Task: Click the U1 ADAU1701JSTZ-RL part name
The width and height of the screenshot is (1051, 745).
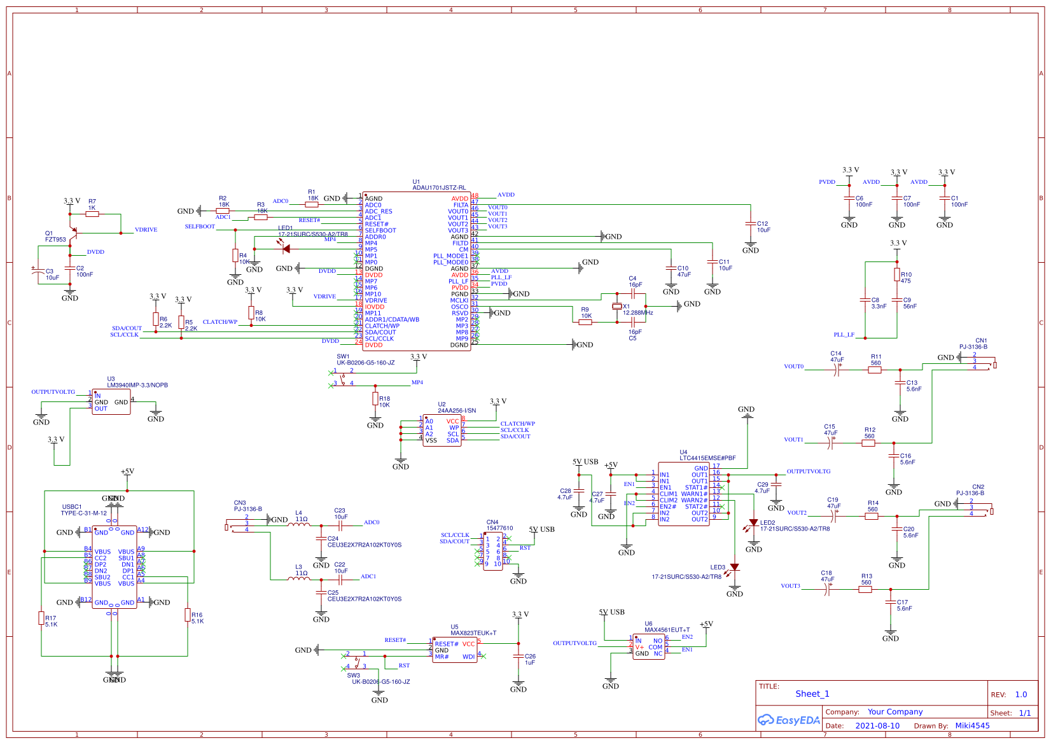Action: [439, 188]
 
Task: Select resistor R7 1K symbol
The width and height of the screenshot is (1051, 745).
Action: [92, 214]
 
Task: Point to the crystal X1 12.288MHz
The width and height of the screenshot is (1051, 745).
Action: [616, 307]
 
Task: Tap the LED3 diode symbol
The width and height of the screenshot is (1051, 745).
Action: [734, 567]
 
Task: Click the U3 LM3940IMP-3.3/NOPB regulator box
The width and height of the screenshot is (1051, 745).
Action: [111, 402]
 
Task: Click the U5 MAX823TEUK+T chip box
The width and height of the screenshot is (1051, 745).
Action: [455, 650]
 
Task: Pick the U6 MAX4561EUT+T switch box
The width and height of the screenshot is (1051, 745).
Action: [648, 647]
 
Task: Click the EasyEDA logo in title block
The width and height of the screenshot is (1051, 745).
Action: [788, 720]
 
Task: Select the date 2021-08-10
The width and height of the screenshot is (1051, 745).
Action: [877, 726]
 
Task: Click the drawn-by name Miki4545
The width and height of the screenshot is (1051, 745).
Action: [972, 726]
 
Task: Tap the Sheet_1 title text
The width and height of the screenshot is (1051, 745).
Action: [812, 694]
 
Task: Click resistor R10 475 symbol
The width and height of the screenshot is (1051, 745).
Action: [896, 275]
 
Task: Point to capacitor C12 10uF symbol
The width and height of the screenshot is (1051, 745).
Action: [751, 224]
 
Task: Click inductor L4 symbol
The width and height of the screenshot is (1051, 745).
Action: [299, 524]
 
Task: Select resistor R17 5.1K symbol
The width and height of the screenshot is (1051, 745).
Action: [41, 618]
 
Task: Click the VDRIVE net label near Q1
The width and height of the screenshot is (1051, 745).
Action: [146, 230]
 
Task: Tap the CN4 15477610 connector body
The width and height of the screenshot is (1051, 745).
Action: [492, 552]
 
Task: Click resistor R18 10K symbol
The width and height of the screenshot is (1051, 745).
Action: [375, 399]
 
